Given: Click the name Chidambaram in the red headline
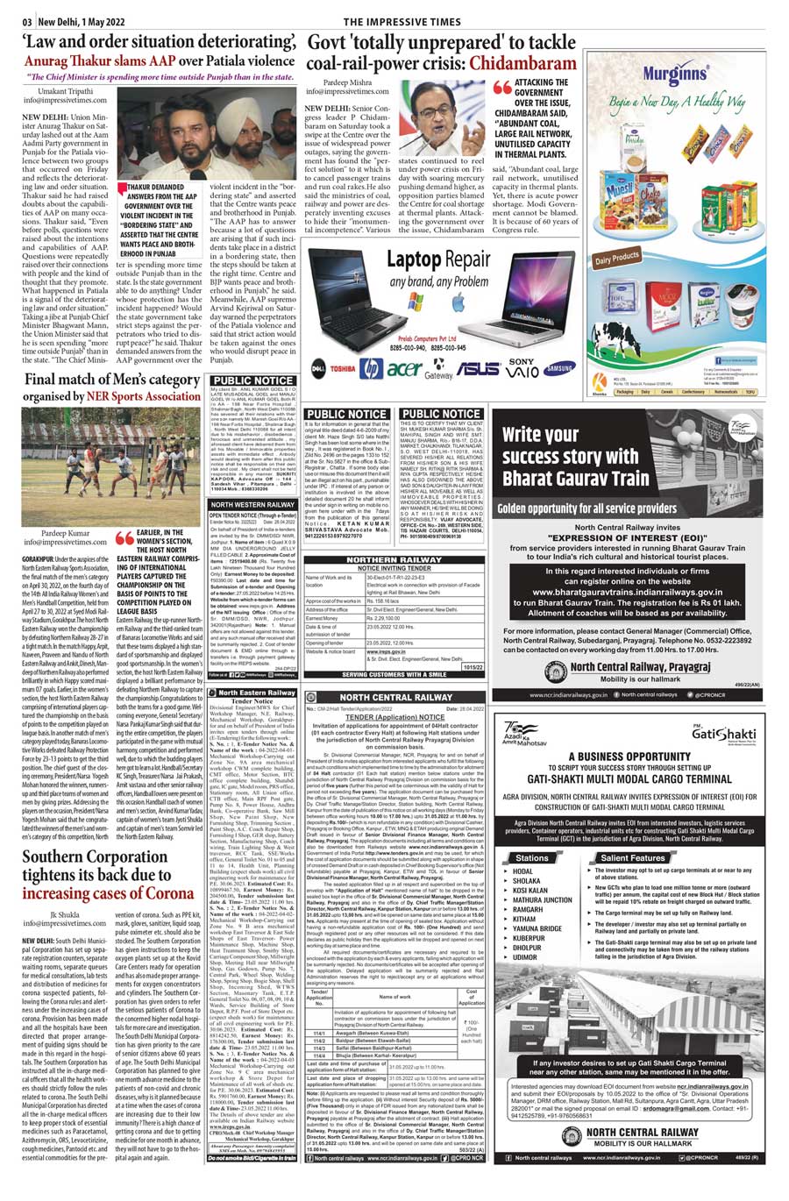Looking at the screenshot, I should point(523,63).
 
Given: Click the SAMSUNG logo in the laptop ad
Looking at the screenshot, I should point(558,369).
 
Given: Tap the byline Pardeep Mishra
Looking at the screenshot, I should point(347,82).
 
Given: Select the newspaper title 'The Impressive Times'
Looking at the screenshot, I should point(402,22).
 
